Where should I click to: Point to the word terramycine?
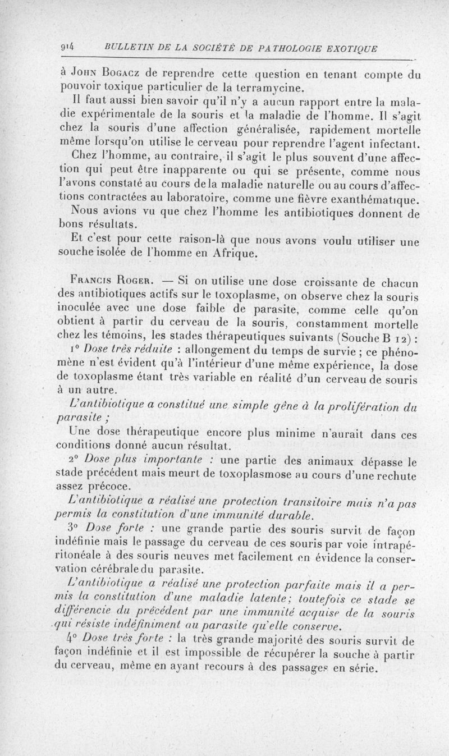[268, 87]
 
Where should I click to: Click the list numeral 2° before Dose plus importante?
[77, 461]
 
